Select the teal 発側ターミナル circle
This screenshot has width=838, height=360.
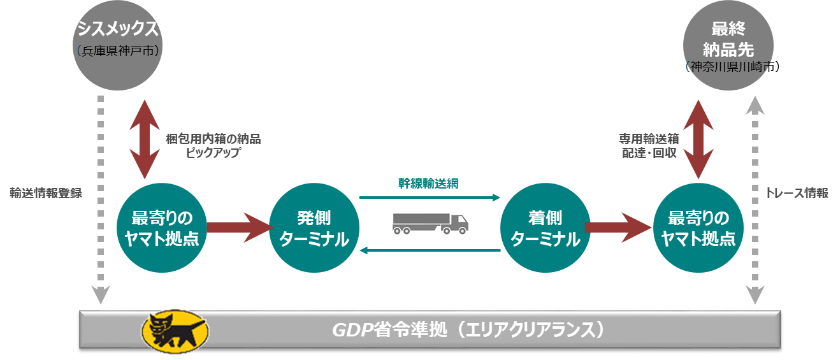(x=315, y=228)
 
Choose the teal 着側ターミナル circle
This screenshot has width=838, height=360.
(x=545, y=228)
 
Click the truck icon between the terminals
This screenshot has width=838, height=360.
(x=430, y=223)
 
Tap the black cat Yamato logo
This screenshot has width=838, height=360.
(x=173, y=330)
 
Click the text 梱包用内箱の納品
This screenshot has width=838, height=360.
(x=213, y=139)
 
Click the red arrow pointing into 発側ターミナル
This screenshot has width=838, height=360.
(x=239, y=227)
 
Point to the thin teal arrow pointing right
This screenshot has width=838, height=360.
(x=430, y=198)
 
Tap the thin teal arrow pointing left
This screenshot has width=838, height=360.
(x=430, y=250)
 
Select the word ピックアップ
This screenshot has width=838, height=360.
(x=213, y=153)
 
